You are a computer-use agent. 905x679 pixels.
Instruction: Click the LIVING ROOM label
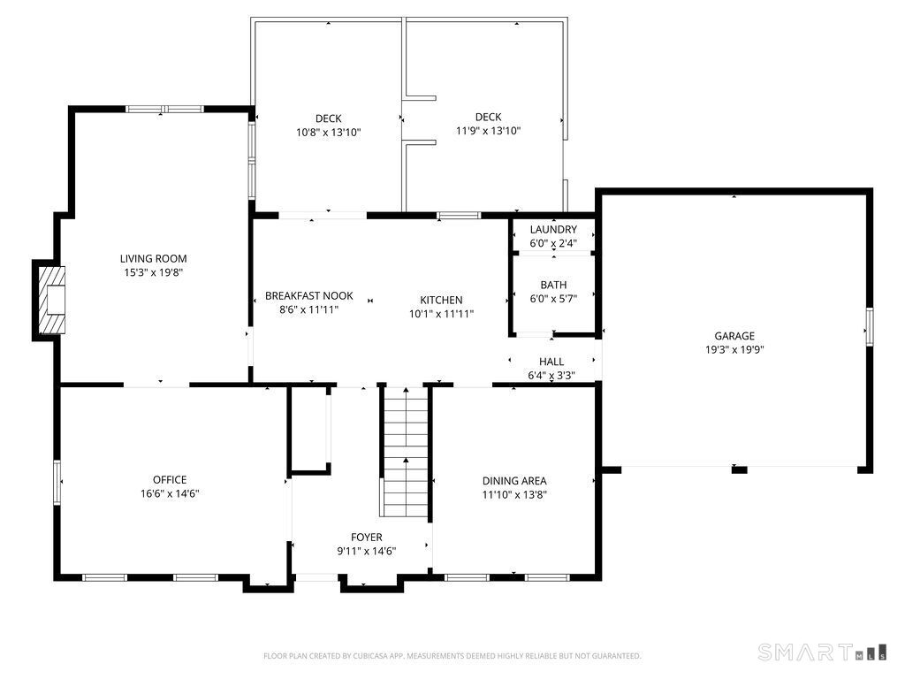[153, 259]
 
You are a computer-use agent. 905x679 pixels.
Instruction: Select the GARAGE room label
[734, 335]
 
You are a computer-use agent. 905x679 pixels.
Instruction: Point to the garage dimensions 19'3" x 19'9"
[734, 349]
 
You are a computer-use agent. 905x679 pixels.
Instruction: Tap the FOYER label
[367, 537]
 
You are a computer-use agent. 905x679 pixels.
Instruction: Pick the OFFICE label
[170, 479]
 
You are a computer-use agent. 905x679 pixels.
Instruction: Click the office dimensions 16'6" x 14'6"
[170, 493]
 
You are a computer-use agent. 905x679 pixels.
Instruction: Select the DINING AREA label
[514, 480]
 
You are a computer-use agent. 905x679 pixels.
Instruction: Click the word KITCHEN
[441, 300]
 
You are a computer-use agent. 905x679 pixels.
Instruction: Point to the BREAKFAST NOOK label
[308, 295]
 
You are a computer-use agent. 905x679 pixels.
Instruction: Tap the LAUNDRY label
[553, 229]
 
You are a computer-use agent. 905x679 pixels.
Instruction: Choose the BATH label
[553, 285]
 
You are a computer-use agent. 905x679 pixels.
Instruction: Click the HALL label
[551, 362]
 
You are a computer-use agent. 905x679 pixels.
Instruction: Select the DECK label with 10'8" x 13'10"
[329, 118]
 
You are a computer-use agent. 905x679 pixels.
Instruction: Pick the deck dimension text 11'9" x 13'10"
[488, 131]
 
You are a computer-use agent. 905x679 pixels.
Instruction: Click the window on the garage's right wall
[870, 327]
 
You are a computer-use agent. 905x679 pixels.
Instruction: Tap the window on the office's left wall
[57, 482]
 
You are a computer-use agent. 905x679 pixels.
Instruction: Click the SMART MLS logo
[822, 652]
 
